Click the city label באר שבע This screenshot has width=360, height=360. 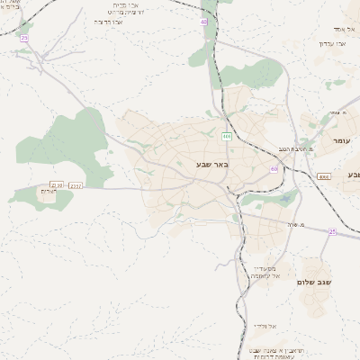[213, 164]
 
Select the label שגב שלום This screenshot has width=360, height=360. [315, 283]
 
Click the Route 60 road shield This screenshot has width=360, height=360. [274, 168]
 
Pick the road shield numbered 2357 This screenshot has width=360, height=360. [76, 186]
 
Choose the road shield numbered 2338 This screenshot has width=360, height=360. [58, 184]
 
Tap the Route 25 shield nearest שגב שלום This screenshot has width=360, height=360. [332, 231]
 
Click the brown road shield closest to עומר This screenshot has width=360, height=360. [324, 177]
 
